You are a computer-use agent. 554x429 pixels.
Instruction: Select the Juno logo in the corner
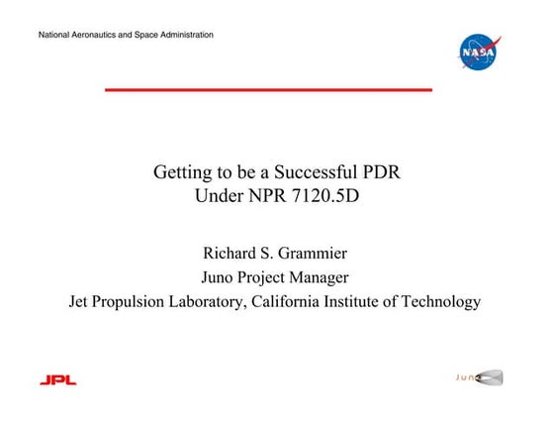479,377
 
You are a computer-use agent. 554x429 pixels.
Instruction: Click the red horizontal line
268,89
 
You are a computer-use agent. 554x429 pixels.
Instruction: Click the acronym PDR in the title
381,172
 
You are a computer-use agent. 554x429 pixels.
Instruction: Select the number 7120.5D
321,195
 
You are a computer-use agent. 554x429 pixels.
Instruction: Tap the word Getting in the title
182,172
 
